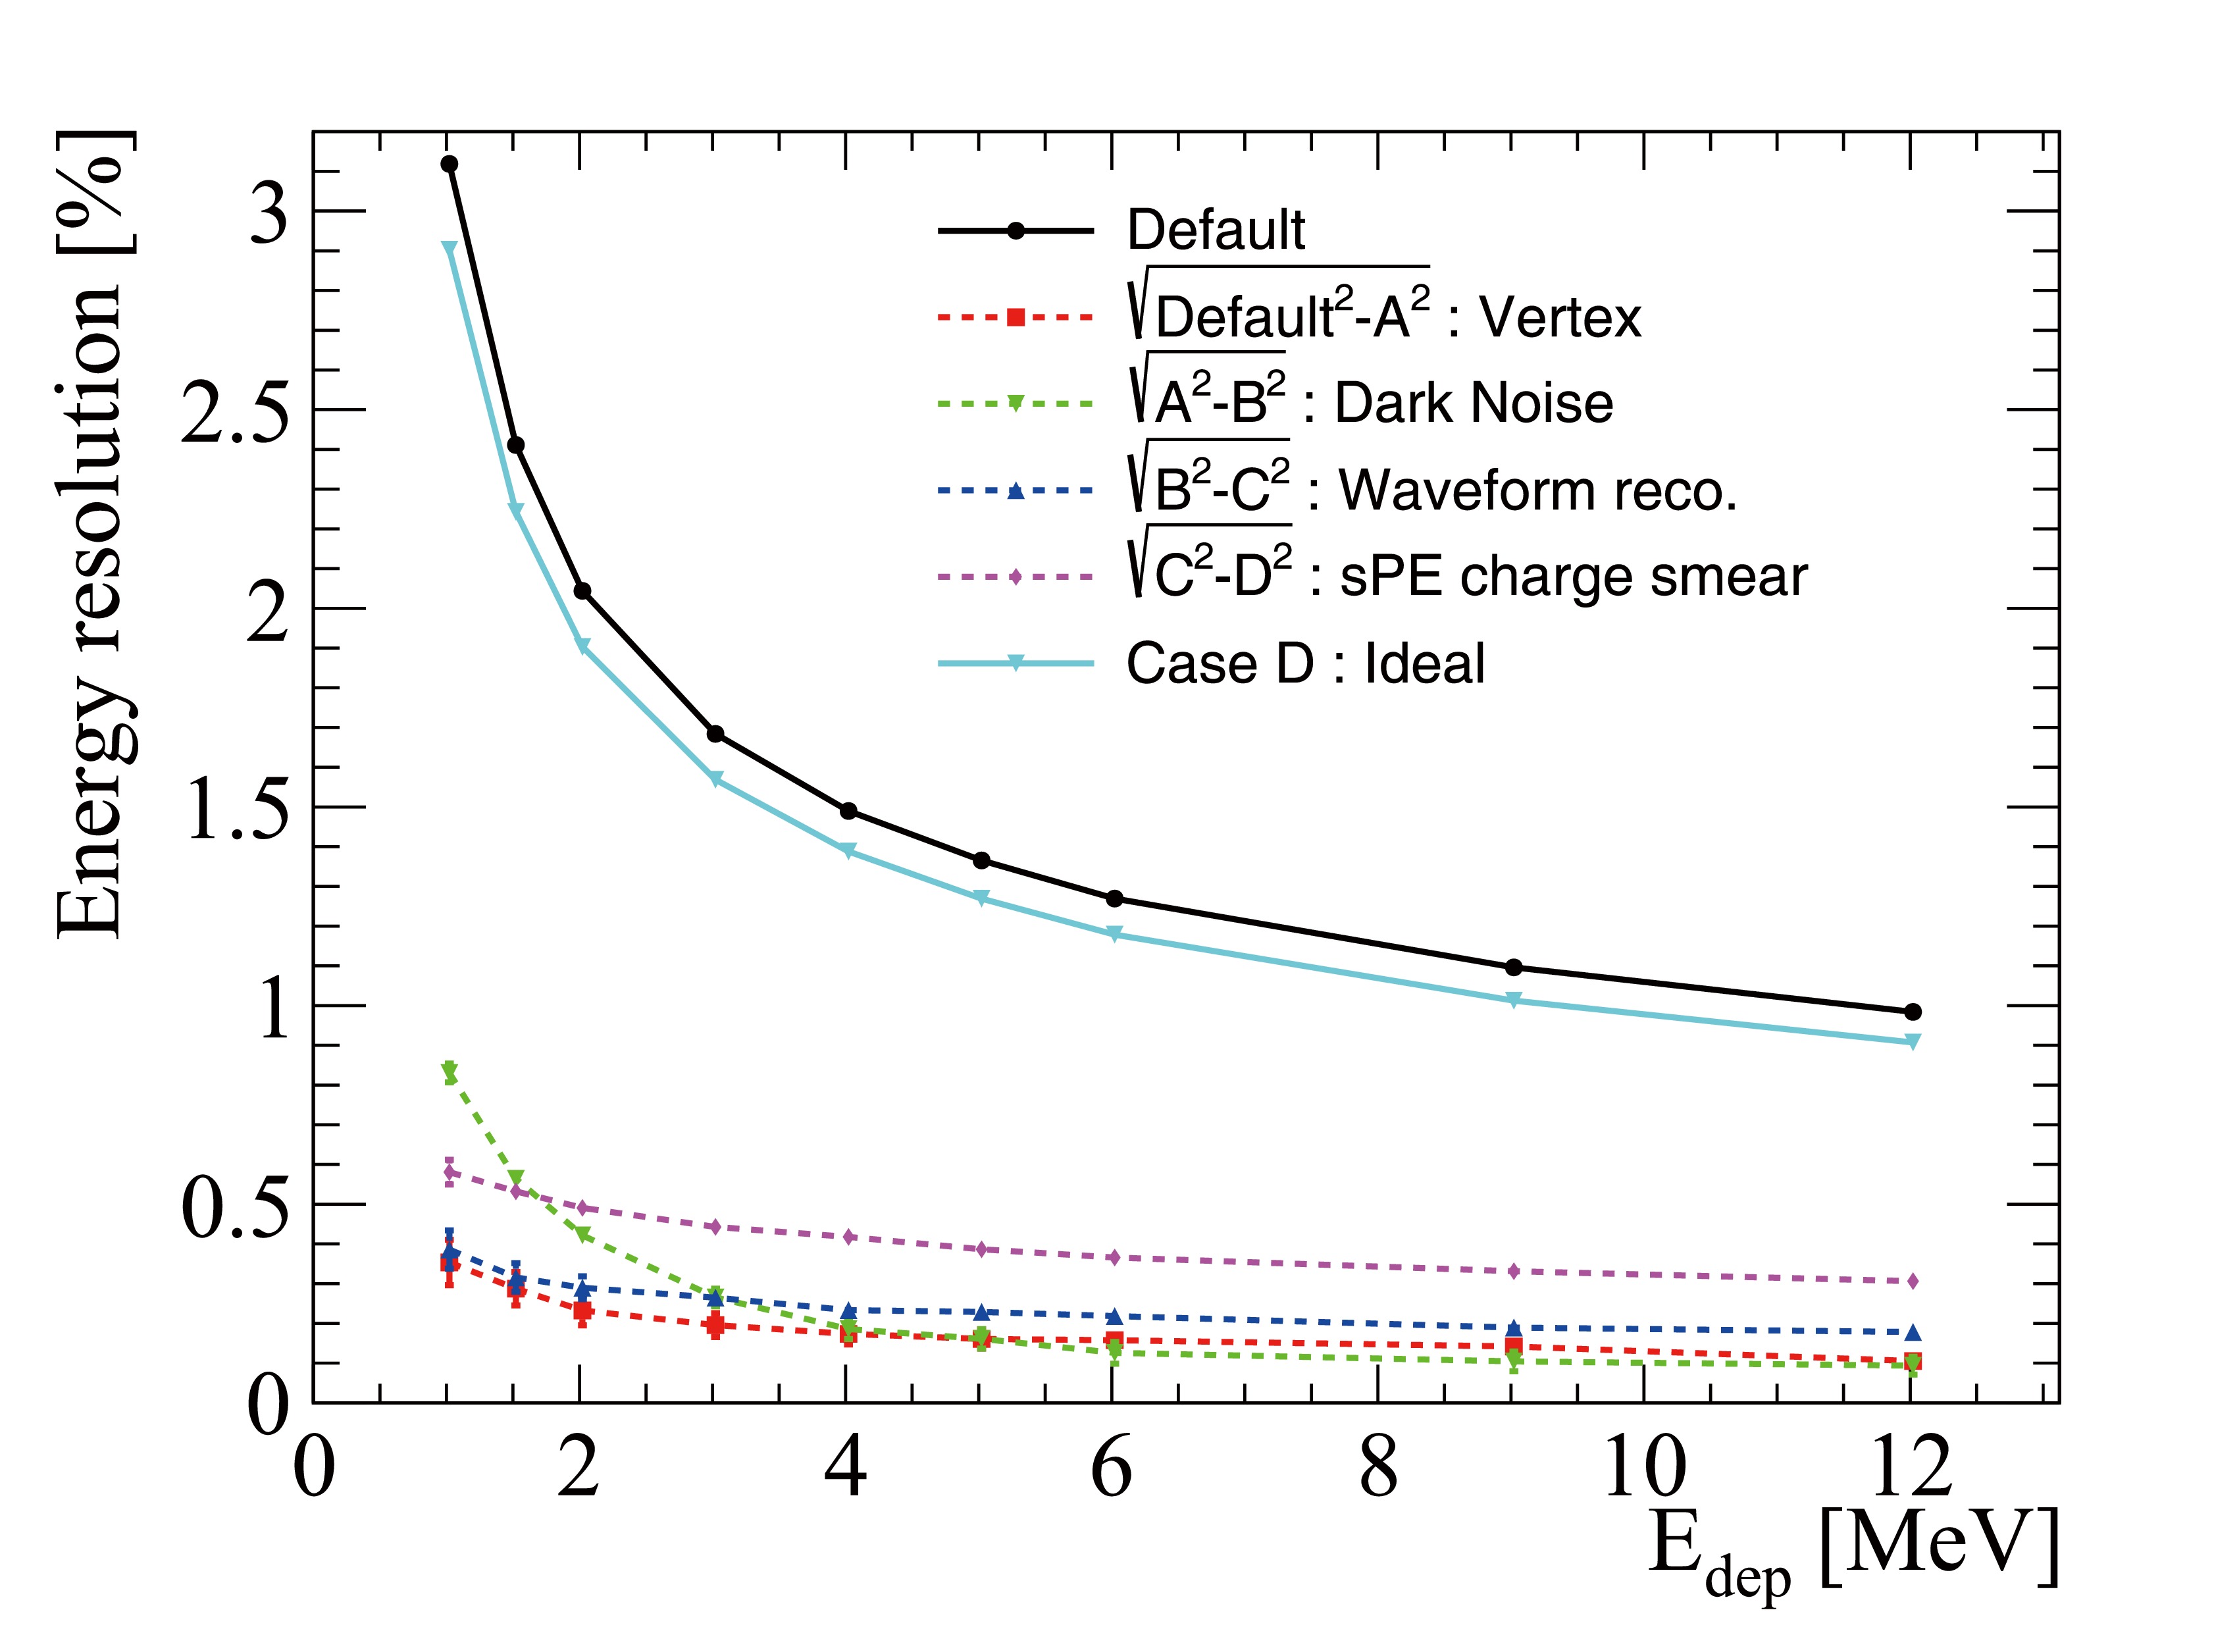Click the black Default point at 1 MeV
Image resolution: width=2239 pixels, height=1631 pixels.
(x=449, y=164)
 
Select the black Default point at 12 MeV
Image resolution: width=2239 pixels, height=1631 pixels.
(x=1913, y=1012)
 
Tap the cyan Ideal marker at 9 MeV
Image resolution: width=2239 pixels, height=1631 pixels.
(x=1514, y=1000)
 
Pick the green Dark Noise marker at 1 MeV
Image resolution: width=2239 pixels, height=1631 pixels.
(x=449, y=1072)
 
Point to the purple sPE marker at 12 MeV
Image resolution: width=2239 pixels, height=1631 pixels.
(x=1913, y=1281)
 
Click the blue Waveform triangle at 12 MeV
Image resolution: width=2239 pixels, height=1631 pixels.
(x=1913, y=1333)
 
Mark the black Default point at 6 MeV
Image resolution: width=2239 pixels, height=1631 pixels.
(x=1114, y=898)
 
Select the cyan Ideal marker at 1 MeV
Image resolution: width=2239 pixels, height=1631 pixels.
(x=449, y=249)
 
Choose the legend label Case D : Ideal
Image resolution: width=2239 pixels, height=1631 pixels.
(x=1304, y=663)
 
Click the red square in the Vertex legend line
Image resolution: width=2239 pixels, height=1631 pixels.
(x=1015, y=318)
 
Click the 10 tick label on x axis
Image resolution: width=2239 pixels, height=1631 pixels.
(x=1644, y=1467)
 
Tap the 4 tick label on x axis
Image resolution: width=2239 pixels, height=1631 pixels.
(x=845, y=1467)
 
